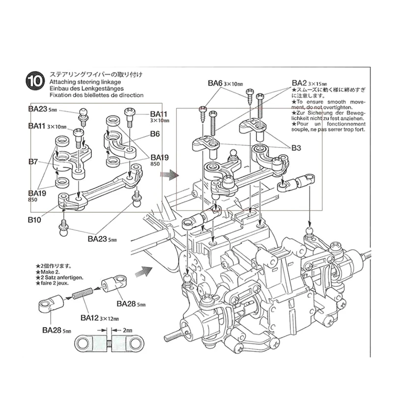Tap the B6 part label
pyautogui.click(x=155, y=133)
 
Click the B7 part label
pyautogui.click(x=33, y=161)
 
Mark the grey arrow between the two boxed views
pyautogui.click(x=169, y=174)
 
